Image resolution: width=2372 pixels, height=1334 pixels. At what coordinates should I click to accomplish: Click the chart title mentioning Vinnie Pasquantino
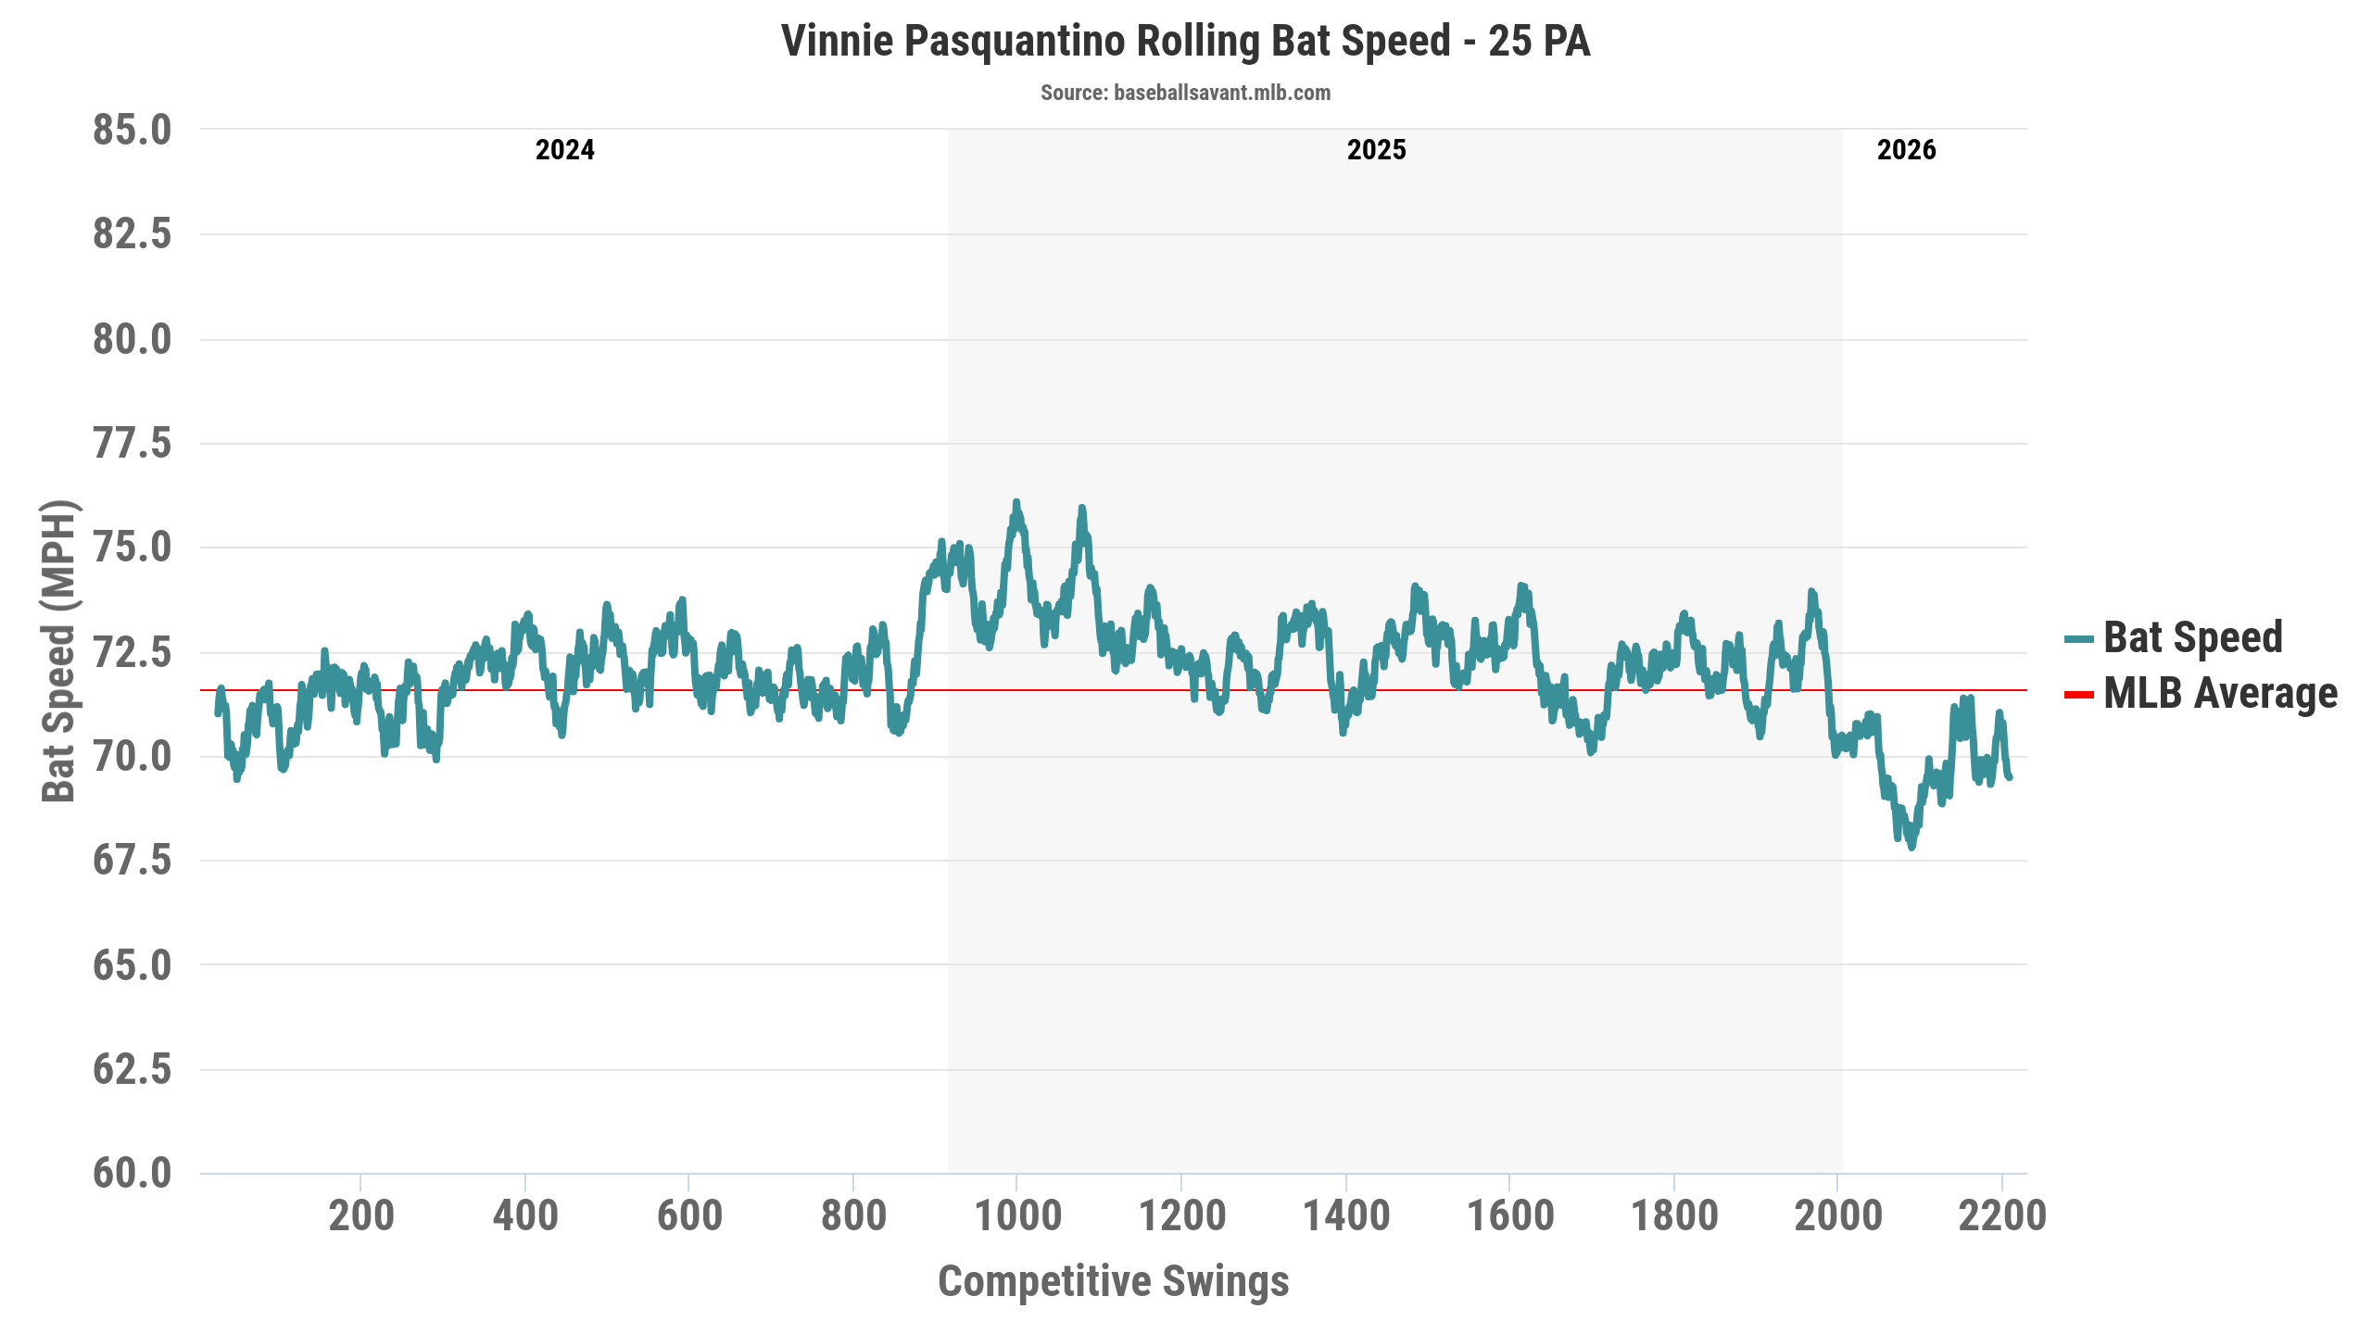click(1185, 42)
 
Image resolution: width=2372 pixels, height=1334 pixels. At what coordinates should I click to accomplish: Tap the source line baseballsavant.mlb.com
click(1185, 93)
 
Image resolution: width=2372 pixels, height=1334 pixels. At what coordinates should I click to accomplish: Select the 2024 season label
click(564, 150)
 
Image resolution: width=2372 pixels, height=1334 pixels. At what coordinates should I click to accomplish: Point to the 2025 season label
click(1376, 150)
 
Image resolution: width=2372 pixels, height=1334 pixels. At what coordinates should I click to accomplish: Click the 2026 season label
click(1906, 150)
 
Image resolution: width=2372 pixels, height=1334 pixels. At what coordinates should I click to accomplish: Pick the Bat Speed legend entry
click(2192, 637)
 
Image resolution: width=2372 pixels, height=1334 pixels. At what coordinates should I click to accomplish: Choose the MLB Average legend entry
click(2220, 694)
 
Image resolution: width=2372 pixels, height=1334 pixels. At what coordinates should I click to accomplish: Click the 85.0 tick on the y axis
click(132, 131)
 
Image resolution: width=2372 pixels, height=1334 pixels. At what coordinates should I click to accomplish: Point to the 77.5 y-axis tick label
click(132, 444)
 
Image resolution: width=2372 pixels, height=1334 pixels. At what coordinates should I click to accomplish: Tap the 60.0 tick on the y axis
click(132, 1174)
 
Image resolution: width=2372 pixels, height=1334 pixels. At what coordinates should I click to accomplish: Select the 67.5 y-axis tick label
click(132, 861)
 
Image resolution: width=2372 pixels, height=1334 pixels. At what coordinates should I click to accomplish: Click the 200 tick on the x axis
click(361, 1215)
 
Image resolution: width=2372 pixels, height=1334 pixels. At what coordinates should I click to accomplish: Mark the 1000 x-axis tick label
click(1017, 1215)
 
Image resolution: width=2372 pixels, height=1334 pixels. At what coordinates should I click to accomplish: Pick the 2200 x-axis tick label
click(2002, 1215)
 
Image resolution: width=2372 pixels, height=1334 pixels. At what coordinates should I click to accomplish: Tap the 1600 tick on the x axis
click(1510, 1215)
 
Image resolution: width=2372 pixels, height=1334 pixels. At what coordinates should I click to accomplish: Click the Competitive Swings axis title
click(1113, 1281)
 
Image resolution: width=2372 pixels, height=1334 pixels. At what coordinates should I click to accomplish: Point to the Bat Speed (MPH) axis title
click(59, 651)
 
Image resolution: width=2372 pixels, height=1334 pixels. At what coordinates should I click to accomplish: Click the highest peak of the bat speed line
click(1016, 502)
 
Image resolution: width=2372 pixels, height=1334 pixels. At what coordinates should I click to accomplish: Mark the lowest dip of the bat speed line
click(1911, 847)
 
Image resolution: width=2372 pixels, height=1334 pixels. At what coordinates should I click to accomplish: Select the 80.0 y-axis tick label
click(132, 340)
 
